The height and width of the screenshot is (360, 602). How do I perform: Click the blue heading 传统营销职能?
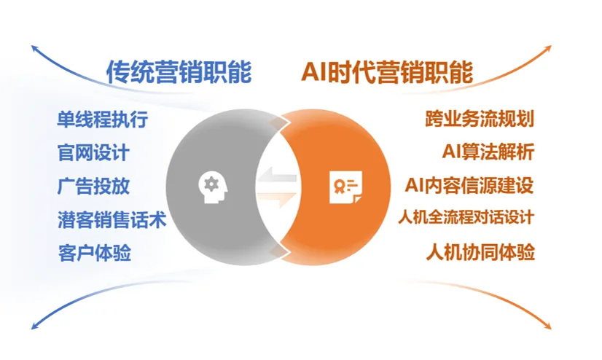point(179,71)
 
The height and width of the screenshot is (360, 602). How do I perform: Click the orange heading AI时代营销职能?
point(387,71)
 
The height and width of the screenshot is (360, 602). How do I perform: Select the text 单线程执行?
point(103,120)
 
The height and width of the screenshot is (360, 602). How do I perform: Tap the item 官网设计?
point(93,153)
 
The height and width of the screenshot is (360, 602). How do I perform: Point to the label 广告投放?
point(94,186)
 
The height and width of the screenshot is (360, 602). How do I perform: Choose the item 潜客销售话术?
point(112,220)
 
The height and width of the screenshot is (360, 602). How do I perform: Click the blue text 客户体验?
point(95,253)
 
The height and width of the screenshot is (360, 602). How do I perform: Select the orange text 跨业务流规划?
point(480,119)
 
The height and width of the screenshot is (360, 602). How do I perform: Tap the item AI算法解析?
point(488,152)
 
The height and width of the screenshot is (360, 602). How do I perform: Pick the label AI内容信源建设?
point(469,185)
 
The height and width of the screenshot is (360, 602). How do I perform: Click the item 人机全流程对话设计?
point(466,217)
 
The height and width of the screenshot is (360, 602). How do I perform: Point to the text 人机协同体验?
point(480,253)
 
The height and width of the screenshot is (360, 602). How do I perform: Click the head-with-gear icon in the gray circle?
point(213,187)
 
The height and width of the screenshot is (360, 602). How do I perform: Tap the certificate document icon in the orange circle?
point(345,187)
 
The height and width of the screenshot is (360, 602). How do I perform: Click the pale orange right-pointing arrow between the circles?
point(277,197)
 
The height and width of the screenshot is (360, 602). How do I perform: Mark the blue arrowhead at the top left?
point(34,48)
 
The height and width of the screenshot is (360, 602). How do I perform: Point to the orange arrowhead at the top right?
point(549,48)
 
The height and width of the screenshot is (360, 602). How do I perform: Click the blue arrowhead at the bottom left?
point(34,326)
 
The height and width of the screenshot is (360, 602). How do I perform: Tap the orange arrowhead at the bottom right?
point(549,326)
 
